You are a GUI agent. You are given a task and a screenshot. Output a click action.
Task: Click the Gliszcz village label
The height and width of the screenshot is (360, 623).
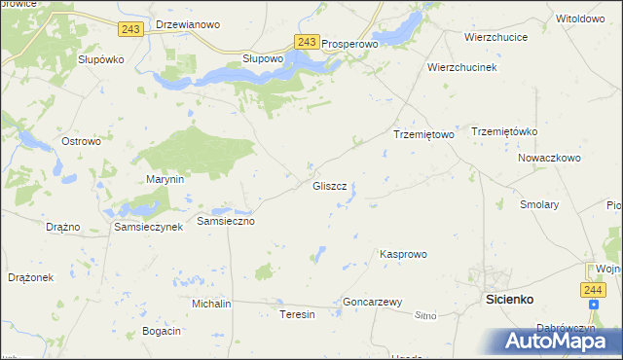(329, 186)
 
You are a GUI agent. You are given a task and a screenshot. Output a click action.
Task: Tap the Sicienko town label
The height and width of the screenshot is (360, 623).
(509, 300)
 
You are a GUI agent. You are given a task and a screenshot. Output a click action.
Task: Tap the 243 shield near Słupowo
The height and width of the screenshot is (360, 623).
(306, 42)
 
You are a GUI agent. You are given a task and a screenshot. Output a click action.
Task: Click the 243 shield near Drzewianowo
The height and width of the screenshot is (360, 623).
(130, 29)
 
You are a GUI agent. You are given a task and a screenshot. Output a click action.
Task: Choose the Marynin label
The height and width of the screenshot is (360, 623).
(165, 180)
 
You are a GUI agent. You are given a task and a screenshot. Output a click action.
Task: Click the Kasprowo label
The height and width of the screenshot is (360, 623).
(403, 254)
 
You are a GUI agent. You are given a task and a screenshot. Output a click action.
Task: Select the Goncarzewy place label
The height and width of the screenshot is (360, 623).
(373, 303)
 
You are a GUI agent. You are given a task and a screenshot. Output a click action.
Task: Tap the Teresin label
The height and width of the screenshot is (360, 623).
(298, 315)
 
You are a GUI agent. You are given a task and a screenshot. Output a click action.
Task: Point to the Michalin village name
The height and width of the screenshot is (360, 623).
(211, 304)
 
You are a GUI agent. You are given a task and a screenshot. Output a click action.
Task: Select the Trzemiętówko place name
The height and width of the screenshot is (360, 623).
(504, 131)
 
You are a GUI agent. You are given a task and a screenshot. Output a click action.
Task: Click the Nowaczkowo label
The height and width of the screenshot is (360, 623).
(549, 158)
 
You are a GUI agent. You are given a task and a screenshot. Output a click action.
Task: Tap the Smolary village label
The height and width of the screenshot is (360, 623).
(539, 205)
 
